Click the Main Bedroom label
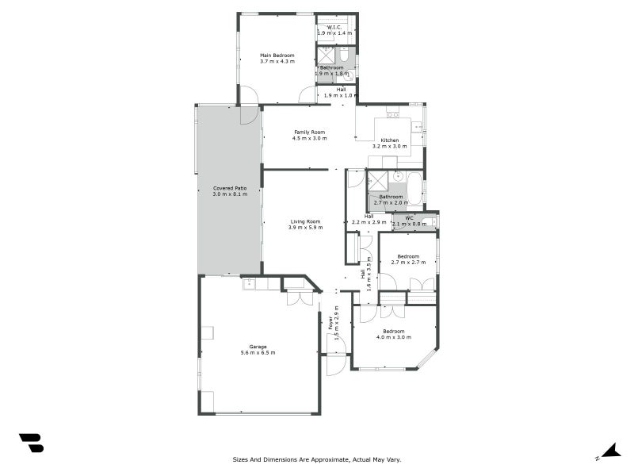[277, 56]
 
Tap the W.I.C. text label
[334, 28]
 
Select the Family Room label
[309, 132]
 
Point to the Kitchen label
[389, 140]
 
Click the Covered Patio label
[230, 188]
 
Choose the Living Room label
[305, 221]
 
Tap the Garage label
[258, 346]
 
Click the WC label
[409, 218]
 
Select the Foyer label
[330, 324]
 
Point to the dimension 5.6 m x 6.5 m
[258, 352]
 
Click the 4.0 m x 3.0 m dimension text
[394, 337]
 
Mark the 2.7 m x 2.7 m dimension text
[408, 263]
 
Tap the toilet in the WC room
[430, 223]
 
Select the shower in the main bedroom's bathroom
[326, 55]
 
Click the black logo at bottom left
[31, 443]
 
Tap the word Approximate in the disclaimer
[325, 459]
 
